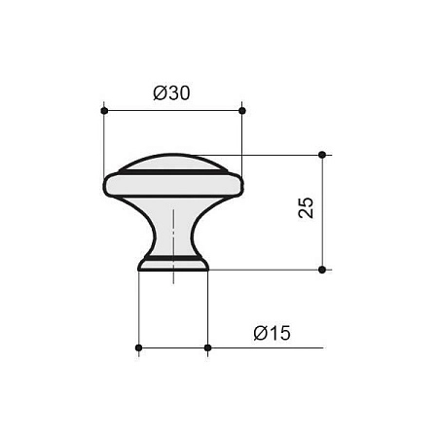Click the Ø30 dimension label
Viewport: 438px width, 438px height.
[x=171, y=93]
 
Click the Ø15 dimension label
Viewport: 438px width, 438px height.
[x=272, y=333]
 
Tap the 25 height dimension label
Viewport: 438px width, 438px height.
[x=306, y=207]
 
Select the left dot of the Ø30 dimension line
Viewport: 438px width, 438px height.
[x=104, y=111]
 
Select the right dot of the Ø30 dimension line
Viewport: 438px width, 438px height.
[x=242, y=111]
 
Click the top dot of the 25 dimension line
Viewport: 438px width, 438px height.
[x=322, y=155]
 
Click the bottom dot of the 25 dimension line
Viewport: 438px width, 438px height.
[x=322, y=270]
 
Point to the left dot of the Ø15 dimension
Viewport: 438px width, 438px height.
[x=138, y=347]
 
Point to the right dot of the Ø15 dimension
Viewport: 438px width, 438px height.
[x=208, y=347]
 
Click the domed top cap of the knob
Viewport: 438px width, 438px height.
[x=173, y=163]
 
